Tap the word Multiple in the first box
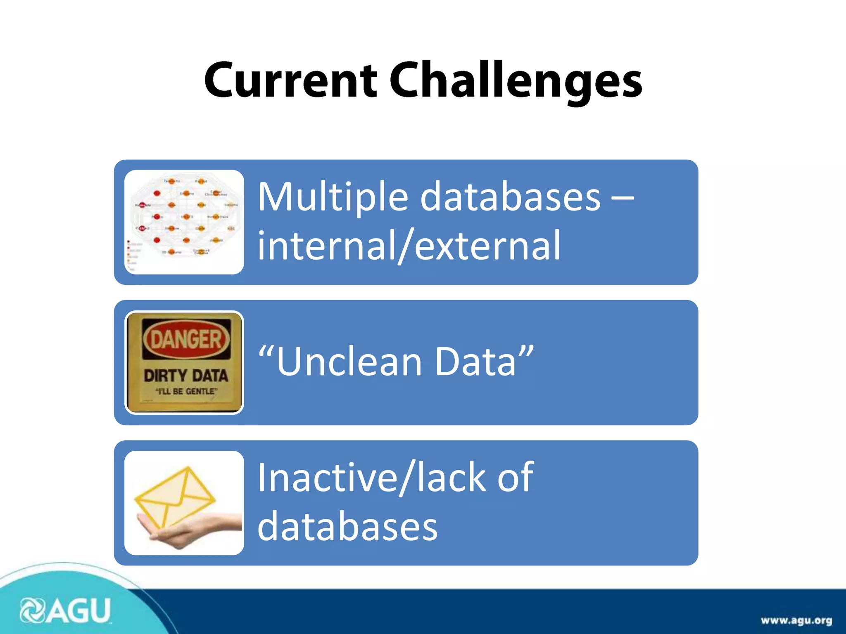[x=333, y=197]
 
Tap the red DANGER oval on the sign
[x=186, y=339]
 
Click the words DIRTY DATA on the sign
[x=186, y=376]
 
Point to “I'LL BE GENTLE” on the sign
[x=186, y=391]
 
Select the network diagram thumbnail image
[x=184, y=222]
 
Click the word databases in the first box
[x=510, y=197]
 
